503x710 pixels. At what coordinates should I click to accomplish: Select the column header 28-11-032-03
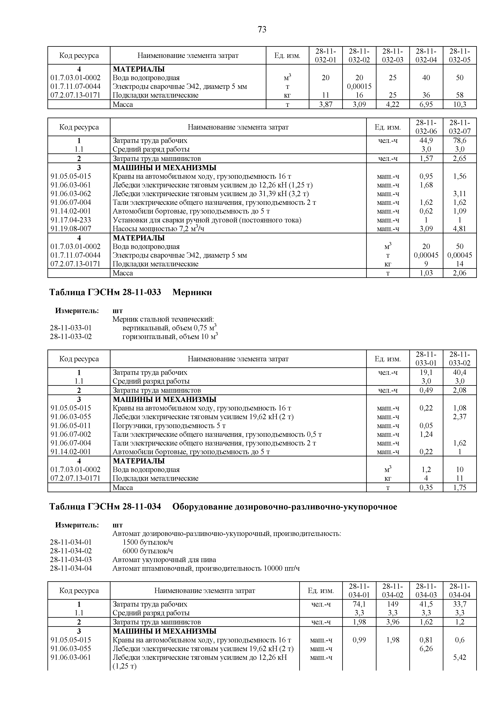[393, 55]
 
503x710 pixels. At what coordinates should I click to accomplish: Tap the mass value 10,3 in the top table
[459, 104]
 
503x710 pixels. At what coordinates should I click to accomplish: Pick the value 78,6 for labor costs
[459, 141]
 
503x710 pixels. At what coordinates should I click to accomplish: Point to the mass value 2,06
[459, 273]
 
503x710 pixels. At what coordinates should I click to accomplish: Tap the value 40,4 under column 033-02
[459, 372]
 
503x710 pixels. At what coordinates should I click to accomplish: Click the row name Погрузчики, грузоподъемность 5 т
[169, 425]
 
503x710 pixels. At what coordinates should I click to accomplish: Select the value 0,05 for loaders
[426, 425]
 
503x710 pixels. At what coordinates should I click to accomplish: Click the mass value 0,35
[426, 488]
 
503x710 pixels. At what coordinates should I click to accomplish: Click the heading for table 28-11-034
[223, 507]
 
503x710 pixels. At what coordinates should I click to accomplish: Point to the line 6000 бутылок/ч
[148, 551]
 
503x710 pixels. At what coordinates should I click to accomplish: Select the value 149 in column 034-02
[393, 604]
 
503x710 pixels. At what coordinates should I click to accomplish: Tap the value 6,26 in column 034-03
[426, 648]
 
